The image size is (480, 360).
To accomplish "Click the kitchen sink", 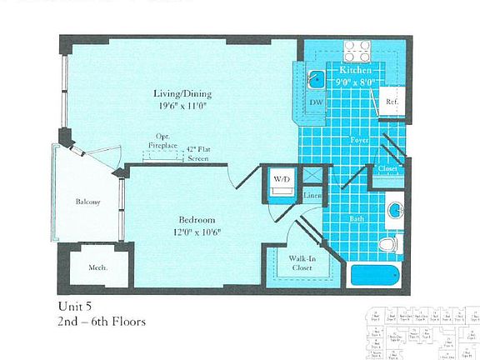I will coord(317,80).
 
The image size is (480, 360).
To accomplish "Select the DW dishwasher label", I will coord(315,102).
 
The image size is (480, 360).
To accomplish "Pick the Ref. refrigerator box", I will coord(391,102).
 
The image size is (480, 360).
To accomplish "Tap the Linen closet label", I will coord(312,196).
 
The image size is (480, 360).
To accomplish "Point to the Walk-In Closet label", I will coord(301,263).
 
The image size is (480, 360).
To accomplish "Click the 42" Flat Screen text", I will coord(197,151).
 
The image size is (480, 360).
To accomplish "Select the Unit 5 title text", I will coord(76,306).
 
